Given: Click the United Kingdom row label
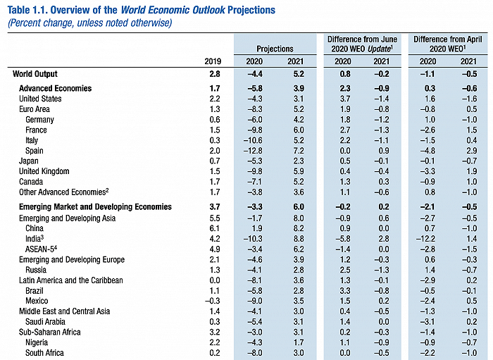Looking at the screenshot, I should [44, 171].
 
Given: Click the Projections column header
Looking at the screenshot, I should [275, 49].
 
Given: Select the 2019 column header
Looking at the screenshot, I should [212, 61].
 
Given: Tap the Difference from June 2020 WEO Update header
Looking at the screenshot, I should [362, 44].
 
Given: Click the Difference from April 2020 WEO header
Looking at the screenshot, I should [447, 44].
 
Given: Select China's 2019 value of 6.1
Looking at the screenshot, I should [215, 228].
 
